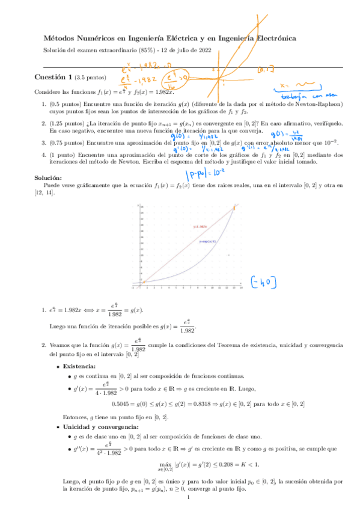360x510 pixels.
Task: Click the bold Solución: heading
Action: click(x=48, y=162)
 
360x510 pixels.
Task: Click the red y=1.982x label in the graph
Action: click(x=200, y=210)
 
